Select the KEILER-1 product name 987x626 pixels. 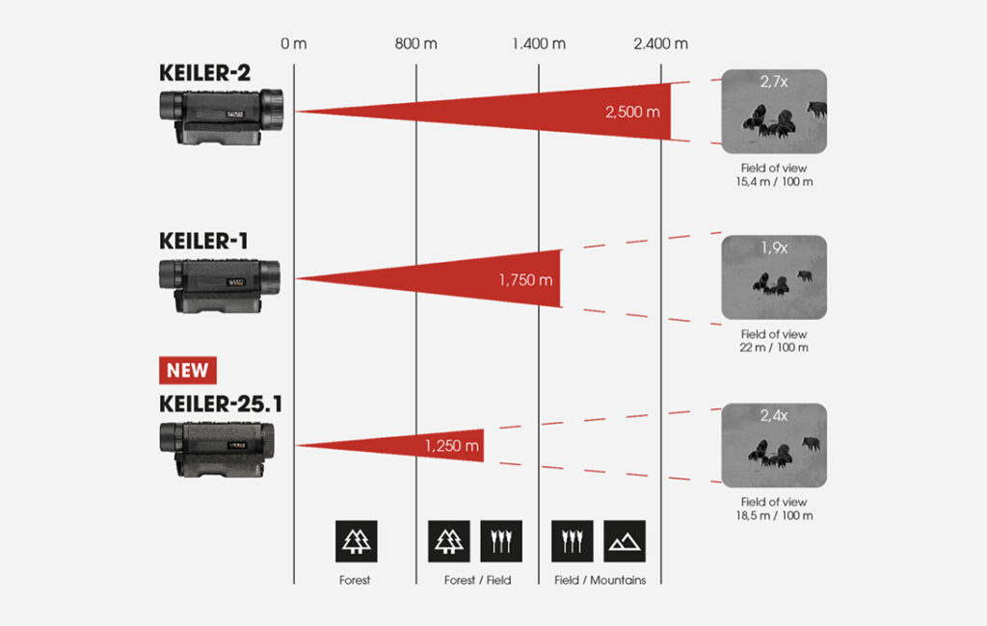pyautogui.click(x=203, y=240)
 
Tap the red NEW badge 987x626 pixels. pyautogui.click(x=188, y=370)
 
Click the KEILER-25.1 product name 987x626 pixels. pyautogui.click(x=221, y=404)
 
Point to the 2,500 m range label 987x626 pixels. pyautogui.click(x=632, y=112)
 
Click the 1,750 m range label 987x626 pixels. pyautogui.click(x=525, y=279)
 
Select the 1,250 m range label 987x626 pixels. pyautogui.click(x=451, y=446)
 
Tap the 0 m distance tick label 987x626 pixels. pyautogui.click(x=293, y=44)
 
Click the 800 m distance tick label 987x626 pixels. pyautogui.click(x=416, y=44)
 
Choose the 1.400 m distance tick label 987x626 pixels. pyautogui.click(x=539, y=44)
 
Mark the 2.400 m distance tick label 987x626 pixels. pyautogui.click(x=661, y=44)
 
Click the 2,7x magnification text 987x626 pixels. pyautogui.click(x=774, y=83)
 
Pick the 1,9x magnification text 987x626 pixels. pyautogui.click(x=774, y=248)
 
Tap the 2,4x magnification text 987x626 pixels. pyautogui.click(x=774, y=416)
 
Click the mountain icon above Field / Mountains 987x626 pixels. pyautogui.click(x=625, y=541)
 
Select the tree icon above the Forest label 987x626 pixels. pyautogui.click(x=356, y=541)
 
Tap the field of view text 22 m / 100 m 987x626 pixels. pyautogui.click(x=774, y=347)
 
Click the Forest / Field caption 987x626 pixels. pyautogui.click(x=478, y=580)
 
